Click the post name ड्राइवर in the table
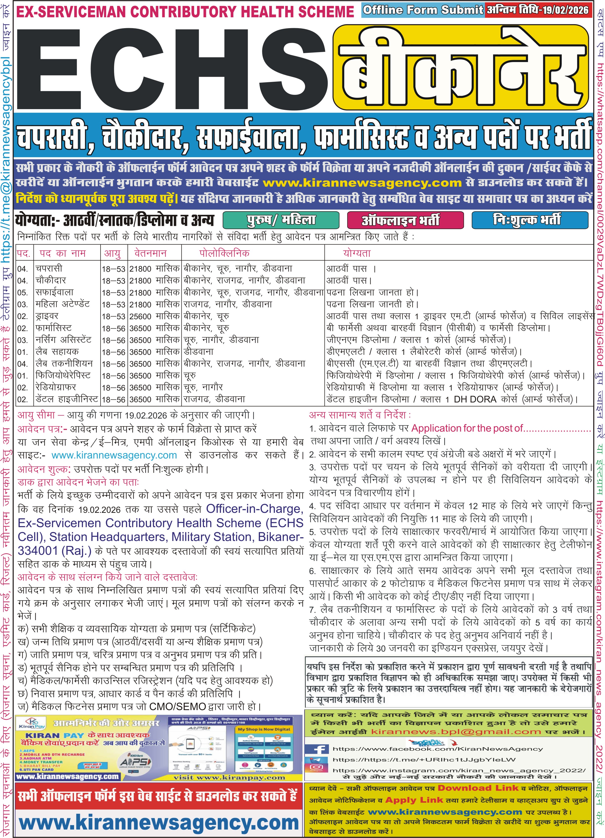click(x=47, y=316)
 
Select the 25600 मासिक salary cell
click(x=154, y=317)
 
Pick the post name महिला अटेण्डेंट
click(x=62, y=304)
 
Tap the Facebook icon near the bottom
click(x=317, y=749)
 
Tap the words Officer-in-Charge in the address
click(x=255, y=509)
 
